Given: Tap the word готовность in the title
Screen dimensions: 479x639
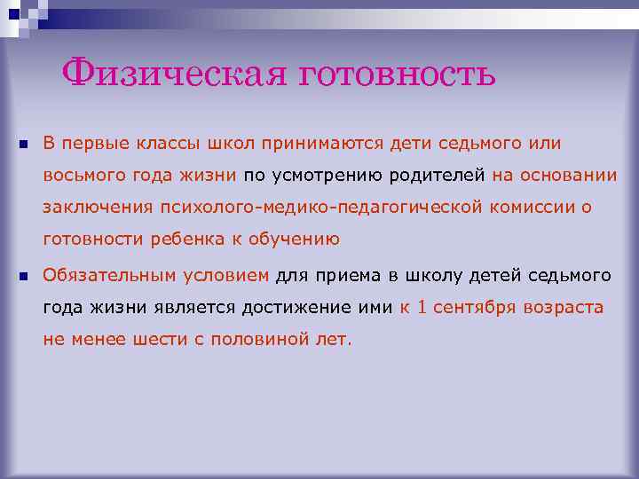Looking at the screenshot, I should pyautogui.click(x=397, y=74).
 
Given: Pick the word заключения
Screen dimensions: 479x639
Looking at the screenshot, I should pyautogui.click(x=98, y=207).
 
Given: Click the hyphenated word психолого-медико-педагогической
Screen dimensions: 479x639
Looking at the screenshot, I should pyautogui.click(x=320, y=207).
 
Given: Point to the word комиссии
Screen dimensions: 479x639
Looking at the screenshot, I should pyautogui.click(x=533, y=207).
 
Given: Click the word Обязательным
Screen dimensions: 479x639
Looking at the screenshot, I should pyautogui.click(x=111, y=275).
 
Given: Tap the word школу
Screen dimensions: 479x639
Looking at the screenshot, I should pyautogui.click(x=424, y=275).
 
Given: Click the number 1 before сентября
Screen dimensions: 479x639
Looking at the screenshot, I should pyautogui.click(x=422, y=307).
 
